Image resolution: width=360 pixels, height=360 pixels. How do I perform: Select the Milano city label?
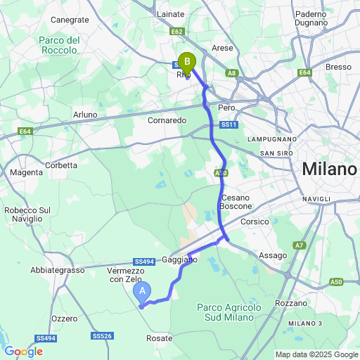click(x=329, y=169)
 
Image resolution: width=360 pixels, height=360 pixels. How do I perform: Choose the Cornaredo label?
click(x=167, y=120)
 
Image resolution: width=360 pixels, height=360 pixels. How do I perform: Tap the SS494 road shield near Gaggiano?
click(x=144, y=262)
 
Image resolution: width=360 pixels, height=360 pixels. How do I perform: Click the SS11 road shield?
click(x=226, y=125)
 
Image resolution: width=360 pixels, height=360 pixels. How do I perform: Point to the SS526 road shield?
click(x=102, y=336)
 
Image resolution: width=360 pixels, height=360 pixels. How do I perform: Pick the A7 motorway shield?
click(x=300, y=245)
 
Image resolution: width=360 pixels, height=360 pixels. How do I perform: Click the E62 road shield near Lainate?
click(x=176, y=32)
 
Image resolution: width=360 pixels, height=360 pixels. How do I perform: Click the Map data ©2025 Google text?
click(x=316, y=354)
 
